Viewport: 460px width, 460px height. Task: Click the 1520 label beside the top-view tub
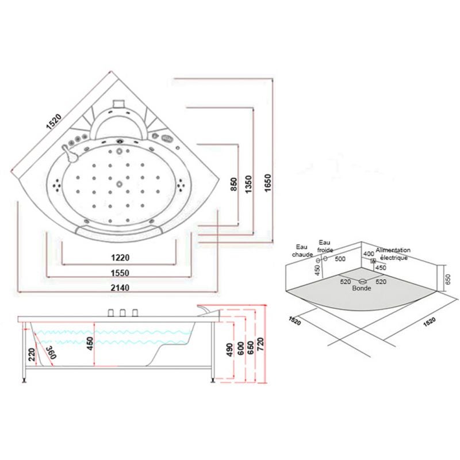pyautogui.click(x=53, y=122)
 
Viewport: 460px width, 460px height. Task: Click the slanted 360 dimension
pyautogui.click(x=50, y=353)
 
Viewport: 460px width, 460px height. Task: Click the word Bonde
pyautogui.click(x=362, y=289)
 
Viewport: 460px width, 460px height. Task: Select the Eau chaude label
pyautogui.click(x=302, y=250)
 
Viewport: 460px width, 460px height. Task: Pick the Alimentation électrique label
pyautogui.click(x=393, y=254)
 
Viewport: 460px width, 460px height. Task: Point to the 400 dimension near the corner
pyautogui.click(x=368, y=253)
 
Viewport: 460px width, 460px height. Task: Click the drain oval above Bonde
pyautogui.click(x=363, y=281)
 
